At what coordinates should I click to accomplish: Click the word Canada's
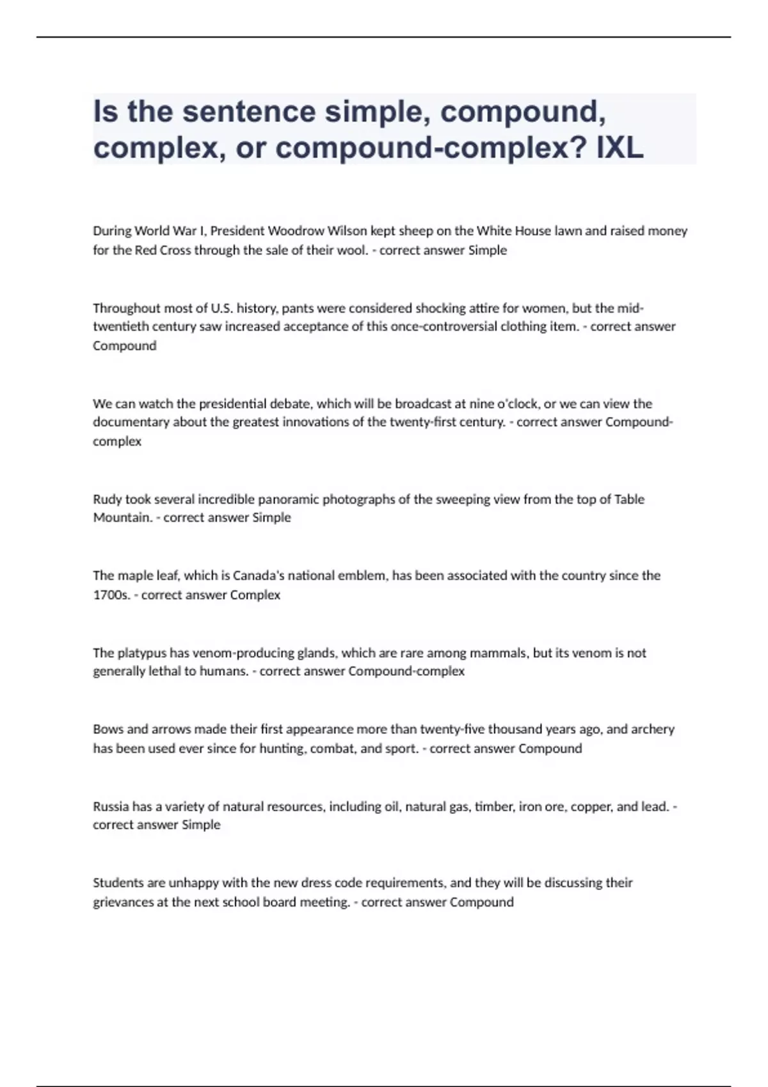click(x=259, y=575)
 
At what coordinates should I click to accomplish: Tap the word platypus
click(x=141, y=653)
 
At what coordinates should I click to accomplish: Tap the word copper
click(x=592, y=806)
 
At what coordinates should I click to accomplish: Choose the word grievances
click(x=124, y=902)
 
